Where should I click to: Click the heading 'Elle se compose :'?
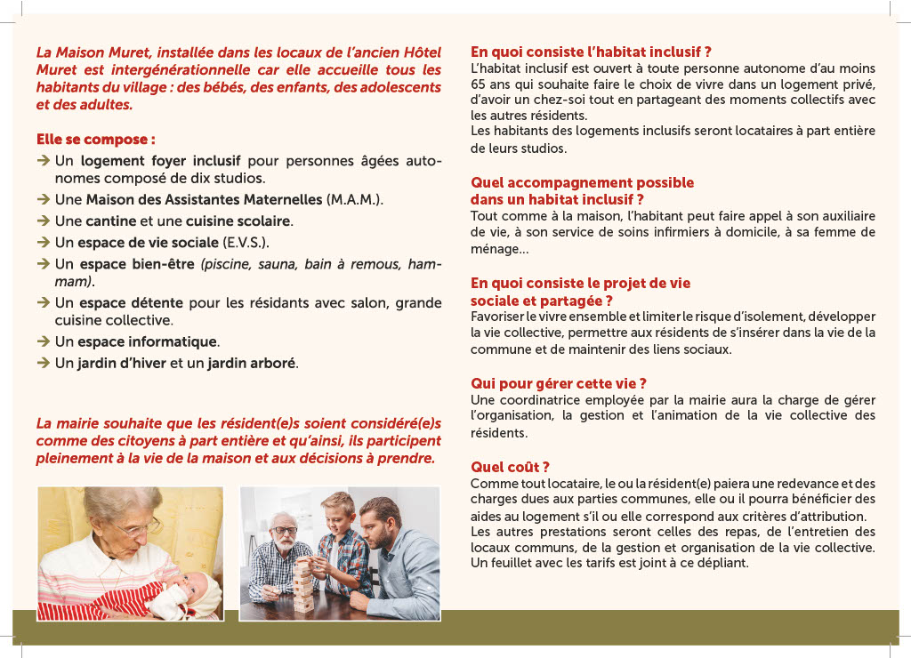(95, 140)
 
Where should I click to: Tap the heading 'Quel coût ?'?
(510, 467)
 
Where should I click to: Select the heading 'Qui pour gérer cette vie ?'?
(558, 383)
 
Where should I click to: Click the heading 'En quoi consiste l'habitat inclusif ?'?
(591, 52)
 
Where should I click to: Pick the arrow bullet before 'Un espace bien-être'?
(43, 264)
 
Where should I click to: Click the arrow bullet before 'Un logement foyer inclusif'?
(43, 161)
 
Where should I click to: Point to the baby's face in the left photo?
(194, 588)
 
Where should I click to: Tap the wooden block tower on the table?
(303, 582)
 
